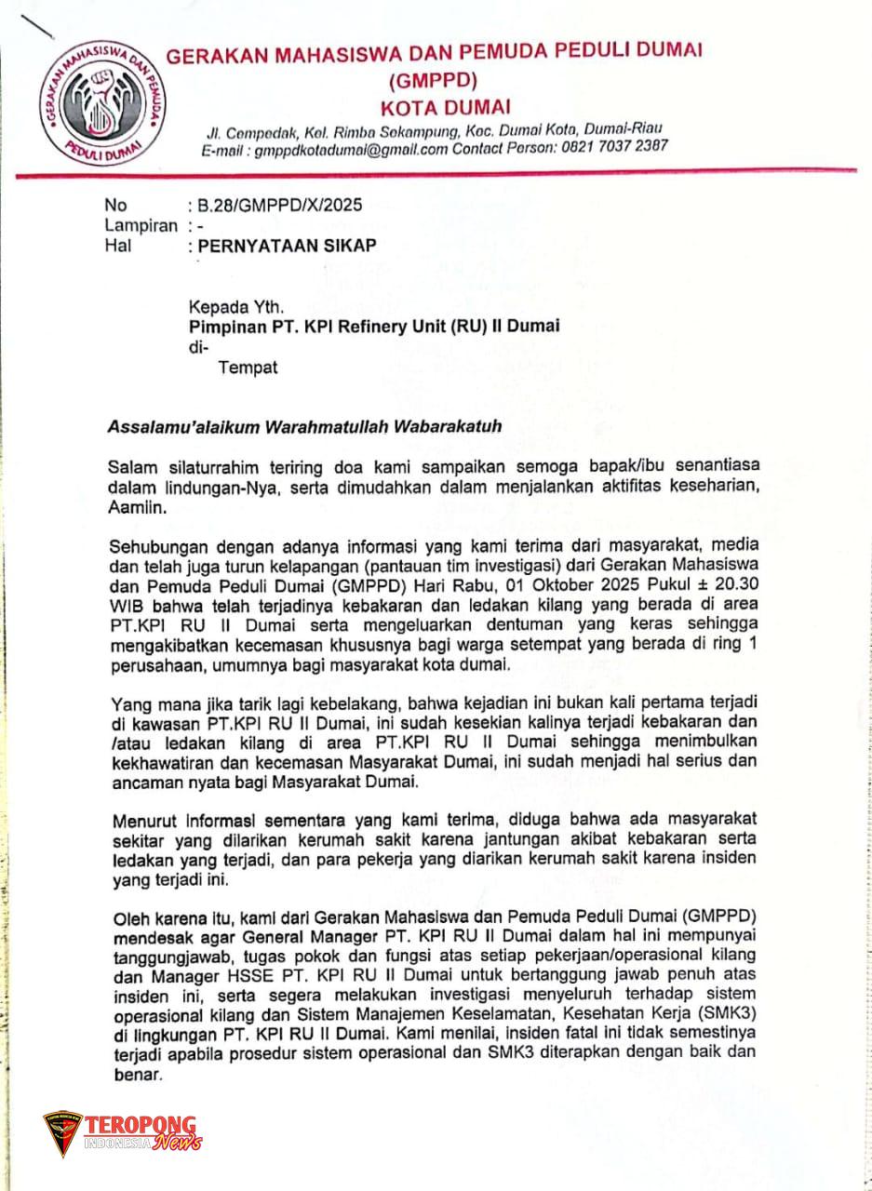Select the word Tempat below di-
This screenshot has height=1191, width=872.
coord(248,368)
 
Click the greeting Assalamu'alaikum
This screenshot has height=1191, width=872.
coord(184,427)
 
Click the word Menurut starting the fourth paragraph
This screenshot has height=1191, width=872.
coord(142,821)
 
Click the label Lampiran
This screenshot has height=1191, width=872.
coord(141,225)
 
